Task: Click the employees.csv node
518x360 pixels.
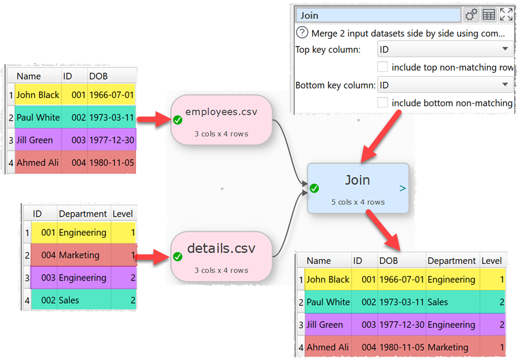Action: (x=221, y=120)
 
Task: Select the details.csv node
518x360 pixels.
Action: (x=221, y=257)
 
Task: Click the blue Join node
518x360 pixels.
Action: (x=357, y=188)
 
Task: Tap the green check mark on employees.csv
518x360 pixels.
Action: (x=177, y=120)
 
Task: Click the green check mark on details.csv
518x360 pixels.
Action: (x=177, y=257)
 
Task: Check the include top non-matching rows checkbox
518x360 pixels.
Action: (x=383, y=68)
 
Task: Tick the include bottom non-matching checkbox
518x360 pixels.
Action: (x=383, y=102)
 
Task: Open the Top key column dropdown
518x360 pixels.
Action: (x=445, y=50)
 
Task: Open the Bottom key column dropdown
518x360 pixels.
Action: (x=445, y=85)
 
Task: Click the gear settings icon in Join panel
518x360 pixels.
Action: (x=471, y=15)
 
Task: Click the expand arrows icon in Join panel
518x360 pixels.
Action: (x=505, y=15)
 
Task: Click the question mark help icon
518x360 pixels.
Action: (x=302, y=33)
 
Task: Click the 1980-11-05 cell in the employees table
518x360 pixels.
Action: (x=111, y=162)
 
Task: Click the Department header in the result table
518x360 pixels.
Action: (x=452, y=261)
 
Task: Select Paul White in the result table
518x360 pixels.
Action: (x=328, y=302)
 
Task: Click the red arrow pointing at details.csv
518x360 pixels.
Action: (x=153, y=257)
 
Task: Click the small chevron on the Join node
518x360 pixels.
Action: (x=402, y=188)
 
